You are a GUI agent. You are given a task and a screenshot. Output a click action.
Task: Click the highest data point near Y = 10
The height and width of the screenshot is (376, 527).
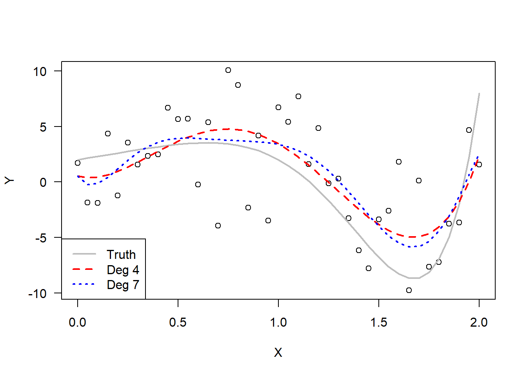click(228, 70)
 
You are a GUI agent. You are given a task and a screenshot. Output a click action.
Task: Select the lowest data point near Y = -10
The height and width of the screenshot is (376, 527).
click(409, 290)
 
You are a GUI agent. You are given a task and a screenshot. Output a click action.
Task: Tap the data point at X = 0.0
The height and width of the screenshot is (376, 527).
click(78, 163)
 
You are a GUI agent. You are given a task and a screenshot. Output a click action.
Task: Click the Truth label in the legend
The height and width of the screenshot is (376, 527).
click(121, 255)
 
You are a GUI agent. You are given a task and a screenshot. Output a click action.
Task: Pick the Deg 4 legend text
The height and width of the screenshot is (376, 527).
click(123, 270)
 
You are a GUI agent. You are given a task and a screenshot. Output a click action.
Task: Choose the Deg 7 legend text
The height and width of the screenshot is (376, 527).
click(123, 285)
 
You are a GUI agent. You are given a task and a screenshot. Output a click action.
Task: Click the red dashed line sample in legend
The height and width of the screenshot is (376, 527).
click(84, 269)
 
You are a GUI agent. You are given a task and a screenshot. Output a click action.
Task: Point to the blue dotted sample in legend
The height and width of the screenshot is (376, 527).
click(84, 284)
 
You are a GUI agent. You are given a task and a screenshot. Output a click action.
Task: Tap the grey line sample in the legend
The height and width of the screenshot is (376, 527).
click(84, 254)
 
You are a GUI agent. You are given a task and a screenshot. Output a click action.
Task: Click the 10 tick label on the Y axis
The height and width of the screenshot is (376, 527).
click(40, 72)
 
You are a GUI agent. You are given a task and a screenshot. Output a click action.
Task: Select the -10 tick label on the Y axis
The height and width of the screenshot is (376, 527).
click(37, 294)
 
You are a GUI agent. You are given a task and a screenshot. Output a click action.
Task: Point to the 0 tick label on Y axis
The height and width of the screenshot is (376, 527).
click(43, 183)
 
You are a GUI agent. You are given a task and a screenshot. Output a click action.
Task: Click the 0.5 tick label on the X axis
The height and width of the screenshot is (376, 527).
click(178, 322)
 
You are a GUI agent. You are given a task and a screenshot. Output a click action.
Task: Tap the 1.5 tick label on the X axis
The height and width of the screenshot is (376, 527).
click(378, 322)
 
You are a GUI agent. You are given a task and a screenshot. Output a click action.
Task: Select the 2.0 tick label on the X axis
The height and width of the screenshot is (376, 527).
click(479, 322)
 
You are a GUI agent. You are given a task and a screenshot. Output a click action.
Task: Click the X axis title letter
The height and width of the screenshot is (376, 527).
click(278, 352)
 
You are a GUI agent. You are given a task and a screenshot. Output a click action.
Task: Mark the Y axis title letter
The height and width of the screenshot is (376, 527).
click(10, 180)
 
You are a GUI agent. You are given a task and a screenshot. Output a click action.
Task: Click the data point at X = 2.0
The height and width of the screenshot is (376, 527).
click(479, 164)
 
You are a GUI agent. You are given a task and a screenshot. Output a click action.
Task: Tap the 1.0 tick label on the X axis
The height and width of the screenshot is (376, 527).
click(278, 322)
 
